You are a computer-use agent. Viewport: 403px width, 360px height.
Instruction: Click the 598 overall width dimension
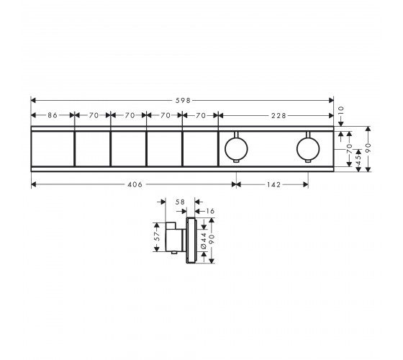pos(183,100)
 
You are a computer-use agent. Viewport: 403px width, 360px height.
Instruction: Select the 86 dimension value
pos(53,115)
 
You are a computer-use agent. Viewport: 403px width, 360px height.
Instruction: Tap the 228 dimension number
pos(279,116)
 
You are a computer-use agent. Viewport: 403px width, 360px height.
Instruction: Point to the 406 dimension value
pos(135,184)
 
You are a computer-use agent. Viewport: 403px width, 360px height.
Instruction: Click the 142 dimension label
pos(273,184)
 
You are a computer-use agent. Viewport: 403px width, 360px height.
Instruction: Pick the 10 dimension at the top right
pos(341,111)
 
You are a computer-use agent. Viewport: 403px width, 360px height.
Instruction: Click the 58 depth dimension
pos(180,202)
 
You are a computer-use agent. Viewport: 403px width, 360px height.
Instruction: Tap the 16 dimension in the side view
pos(210,211)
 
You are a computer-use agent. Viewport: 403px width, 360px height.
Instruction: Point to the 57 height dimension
pos(157,236)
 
